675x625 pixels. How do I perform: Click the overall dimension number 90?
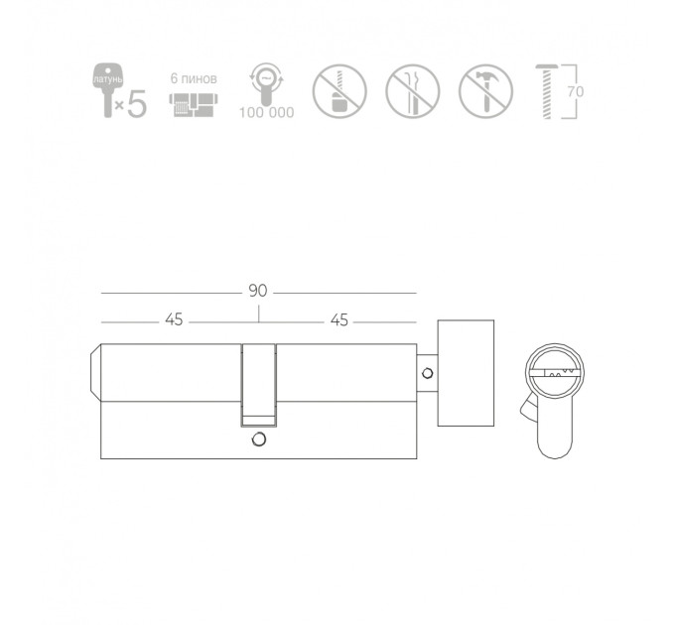(257, 292)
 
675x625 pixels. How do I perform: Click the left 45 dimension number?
(174, 319)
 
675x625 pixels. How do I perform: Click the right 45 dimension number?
(338, 319)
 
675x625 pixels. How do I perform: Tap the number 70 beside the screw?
(575, 91)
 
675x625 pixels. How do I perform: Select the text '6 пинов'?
(194, 78)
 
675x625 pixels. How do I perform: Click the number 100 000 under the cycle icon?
(266, 113)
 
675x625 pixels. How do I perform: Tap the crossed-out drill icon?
(339, 91)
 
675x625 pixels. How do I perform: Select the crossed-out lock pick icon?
(413, 91)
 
